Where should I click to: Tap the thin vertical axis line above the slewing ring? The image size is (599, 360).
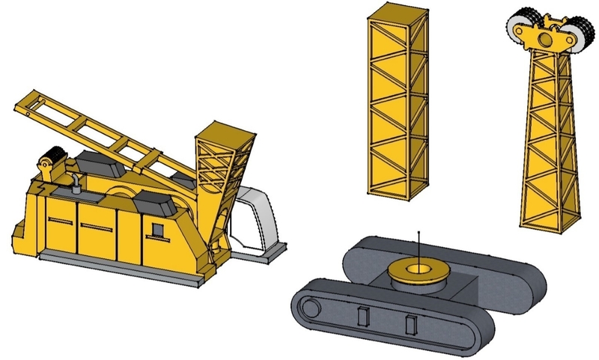coord(419,243)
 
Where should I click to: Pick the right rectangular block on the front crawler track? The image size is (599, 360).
coord(410,325)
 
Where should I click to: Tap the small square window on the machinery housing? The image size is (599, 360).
coord(159,229)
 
